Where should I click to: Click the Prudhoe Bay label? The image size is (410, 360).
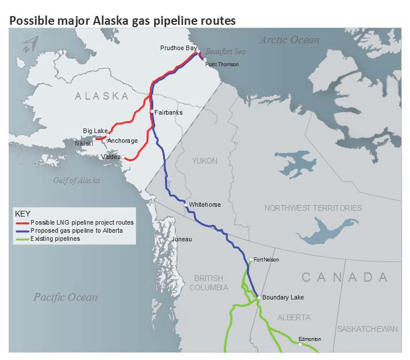click(178, 48)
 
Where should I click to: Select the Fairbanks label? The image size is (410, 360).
click(168, 112)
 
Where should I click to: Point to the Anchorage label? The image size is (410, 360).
click(122, 141)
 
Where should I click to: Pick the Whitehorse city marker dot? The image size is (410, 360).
click(185, 204)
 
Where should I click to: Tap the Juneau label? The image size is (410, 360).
click(182, 238)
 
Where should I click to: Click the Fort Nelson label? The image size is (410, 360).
click(266, 260)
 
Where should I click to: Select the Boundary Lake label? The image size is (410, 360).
click(283, 297)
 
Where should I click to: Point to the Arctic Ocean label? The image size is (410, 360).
click(289, 40)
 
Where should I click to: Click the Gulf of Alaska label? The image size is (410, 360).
click(76, 180)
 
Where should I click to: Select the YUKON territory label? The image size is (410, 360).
click(205, 161)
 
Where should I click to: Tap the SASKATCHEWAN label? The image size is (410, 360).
click(367, 329)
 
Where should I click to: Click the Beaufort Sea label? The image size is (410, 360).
click(226, 52)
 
